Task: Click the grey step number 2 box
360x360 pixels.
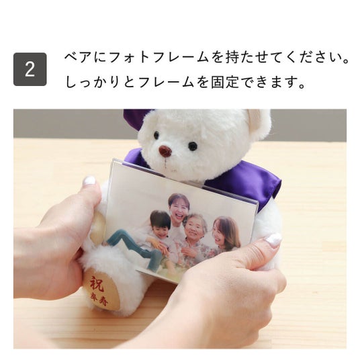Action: (30, 69)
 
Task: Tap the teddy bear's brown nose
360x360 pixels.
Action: (165, 150)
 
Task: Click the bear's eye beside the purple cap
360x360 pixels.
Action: (156, 135)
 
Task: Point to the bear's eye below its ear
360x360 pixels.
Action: (192, 146)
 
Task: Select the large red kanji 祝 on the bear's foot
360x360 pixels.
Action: (97, 283)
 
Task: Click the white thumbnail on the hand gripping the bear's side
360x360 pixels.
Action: (89, 181)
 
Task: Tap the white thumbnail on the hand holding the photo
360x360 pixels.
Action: (274, 240)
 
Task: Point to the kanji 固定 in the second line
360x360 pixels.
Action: (225, 82)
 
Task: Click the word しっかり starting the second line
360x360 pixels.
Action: (94, 82)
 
